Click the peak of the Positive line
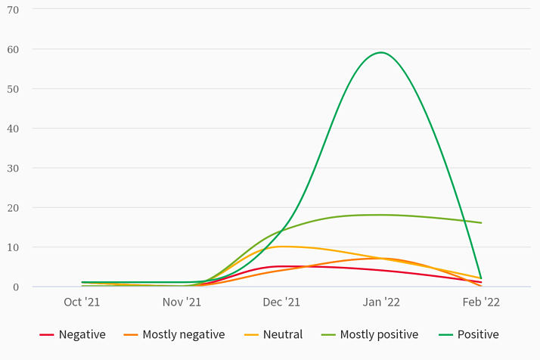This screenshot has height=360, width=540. click(x=381, y=52)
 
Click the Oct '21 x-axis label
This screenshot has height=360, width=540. click(x=82, y=302)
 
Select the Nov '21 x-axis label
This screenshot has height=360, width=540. click(x=182, y=302)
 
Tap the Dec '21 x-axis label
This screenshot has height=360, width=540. click(x=281, y=302)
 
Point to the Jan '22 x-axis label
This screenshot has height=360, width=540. click(x=381, y=302)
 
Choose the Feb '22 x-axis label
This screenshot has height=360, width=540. click(x=481, y=302)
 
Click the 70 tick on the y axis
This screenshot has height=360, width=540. click(x=13, y=10)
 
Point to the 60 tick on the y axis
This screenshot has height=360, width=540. click(x=13, y=49)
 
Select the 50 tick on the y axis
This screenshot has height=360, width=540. click(x=13, y=88)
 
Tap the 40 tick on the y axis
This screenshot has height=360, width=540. click(x=13, y=129)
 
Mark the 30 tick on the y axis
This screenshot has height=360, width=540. click(x=13, y=168)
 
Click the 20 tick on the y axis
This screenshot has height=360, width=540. click(x=13, y=207)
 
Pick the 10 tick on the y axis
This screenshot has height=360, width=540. click(x=13, y=247)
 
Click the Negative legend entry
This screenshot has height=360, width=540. click(x=73, y=334)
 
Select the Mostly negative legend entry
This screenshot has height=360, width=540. click(x=174, y=334)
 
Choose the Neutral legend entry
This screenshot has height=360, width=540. click(x=273, y=334)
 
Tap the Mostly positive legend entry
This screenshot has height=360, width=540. click(x=370, y=334)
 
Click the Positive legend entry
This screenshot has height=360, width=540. click(x=468, y=334)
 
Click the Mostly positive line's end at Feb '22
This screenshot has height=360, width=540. click(x=481, y=223)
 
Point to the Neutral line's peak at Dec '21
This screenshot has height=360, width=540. click(x=281, y=247)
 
